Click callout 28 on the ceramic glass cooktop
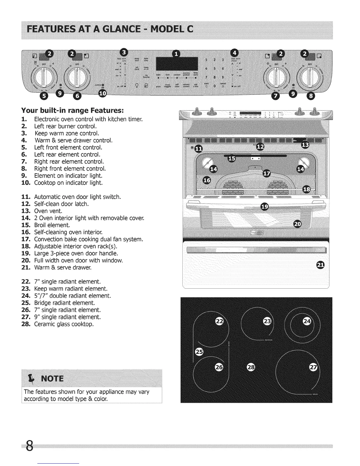click(x=251, y=367)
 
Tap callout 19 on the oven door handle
click(x=265, y=207)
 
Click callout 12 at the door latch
click(x=260, y=147)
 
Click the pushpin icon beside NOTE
click(x=30, y=378)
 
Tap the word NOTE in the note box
click(x=52, y=378)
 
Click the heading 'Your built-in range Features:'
click(x=72, y=111)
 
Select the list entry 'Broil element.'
click(x=52, y=225)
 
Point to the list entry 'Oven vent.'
click(x=48, y=211)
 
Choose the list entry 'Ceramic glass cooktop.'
click(x=64, y=324)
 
